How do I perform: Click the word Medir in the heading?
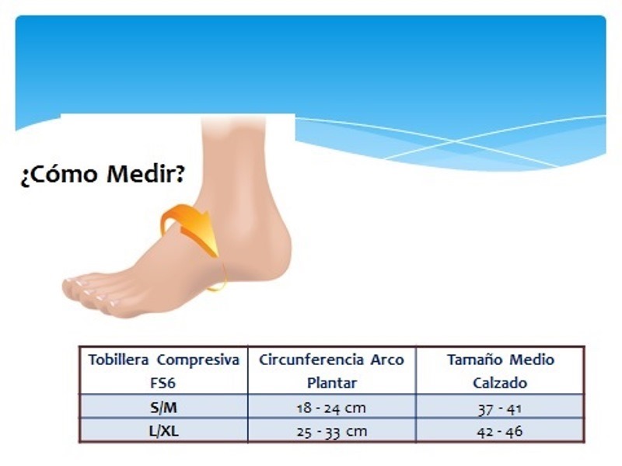point(145,174)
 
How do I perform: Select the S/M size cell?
point(163,407)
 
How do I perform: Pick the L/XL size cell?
point(163,431)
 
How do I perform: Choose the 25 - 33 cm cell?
point(332,432)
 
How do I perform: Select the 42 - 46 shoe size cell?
point(500,432)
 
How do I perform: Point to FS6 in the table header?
point(163,383)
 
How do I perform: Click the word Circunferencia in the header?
point(311,360)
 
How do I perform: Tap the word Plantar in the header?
point(332,383)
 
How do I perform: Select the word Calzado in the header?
point(500,383)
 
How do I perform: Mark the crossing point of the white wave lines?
point(456,141)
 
